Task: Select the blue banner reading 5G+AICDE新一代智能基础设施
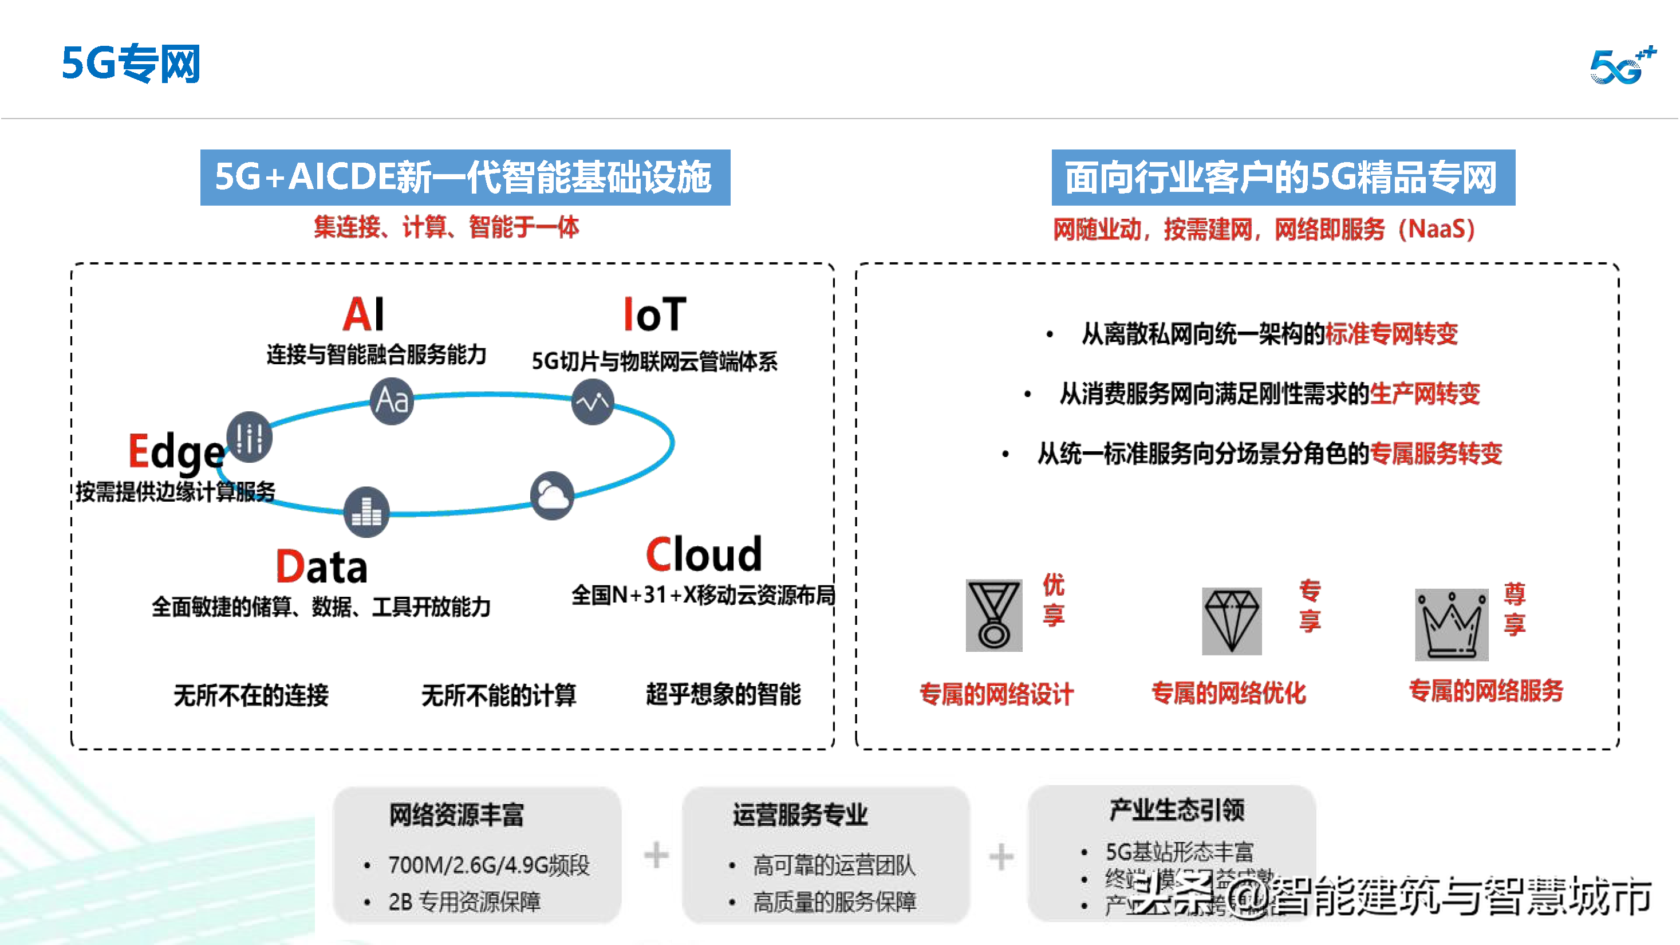click(464, 178)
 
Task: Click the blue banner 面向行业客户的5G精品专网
click(1282, 178)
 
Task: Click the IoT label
click(654, 314)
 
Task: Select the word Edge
click(176, 451)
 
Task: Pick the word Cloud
click(704, 554)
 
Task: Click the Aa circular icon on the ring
click(391, 400)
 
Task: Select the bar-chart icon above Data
click(366, 512)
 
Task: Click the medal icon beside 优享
click(993, 615)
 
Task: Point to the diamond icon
click(1231, 620)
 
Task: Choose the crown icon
click(1451, 624)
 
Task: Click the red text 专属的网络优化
click(1229, 692)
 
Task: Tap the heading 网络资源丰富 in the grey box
click(456, 814)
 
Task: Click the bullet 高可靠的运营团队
click(834, 865)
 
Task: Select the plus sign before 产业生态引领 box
click(1000, 856)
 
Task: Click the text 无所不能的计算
click(499, 695)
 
